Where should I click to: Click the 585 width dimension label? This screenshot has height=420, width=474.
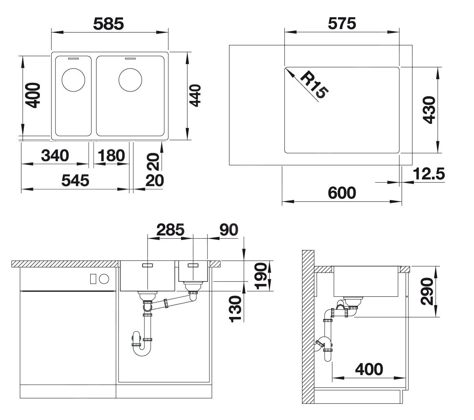(x=108, y=24)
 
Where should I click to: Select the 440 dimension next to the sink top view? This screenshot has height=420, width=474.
(x=195, y=96)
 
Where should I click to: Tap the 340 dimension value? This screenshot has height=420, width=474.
(x=55, y=155)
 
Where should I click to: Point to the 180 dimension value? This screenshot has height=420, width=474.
(x=111, y=156)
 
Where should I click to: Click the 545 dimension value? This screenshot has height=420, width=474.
(x=75, y=180)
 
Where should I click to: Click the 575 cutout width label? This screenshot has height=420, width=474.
(x=342, y=24)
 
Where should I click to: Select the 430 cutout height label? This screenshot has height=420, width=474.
(x=429, y=110)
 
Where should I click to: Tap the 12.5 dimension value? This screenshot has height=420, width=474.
(x=429, y=174)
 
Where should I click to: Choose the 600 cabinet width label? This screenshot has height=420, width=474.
(x=342, y=193)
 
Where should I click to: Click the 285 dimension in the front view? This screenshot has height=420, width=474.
(x=170, y=230)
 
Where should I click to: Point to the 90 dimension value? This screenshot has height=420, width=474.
(x=229, y=230)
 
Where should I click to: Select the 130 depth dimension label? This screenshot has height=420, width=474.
(x=235, y=309)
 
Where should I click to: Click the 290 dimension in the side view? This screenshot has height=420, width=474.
(x=427, y=291)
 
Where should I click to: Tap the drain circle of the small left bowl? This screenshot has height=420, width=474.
(x=74, y=80)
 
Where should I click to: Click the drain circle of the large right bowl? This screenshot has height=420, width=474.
(x=130, y=80)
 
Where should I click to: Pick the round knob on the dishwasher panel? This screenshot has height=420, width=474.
(x=104, y=279)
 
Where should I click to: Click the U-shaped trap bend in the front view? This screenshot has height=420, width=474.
(x=142, y=351)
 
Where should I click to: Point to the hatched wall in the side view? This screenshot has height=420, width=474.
(x=308, y=326)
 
